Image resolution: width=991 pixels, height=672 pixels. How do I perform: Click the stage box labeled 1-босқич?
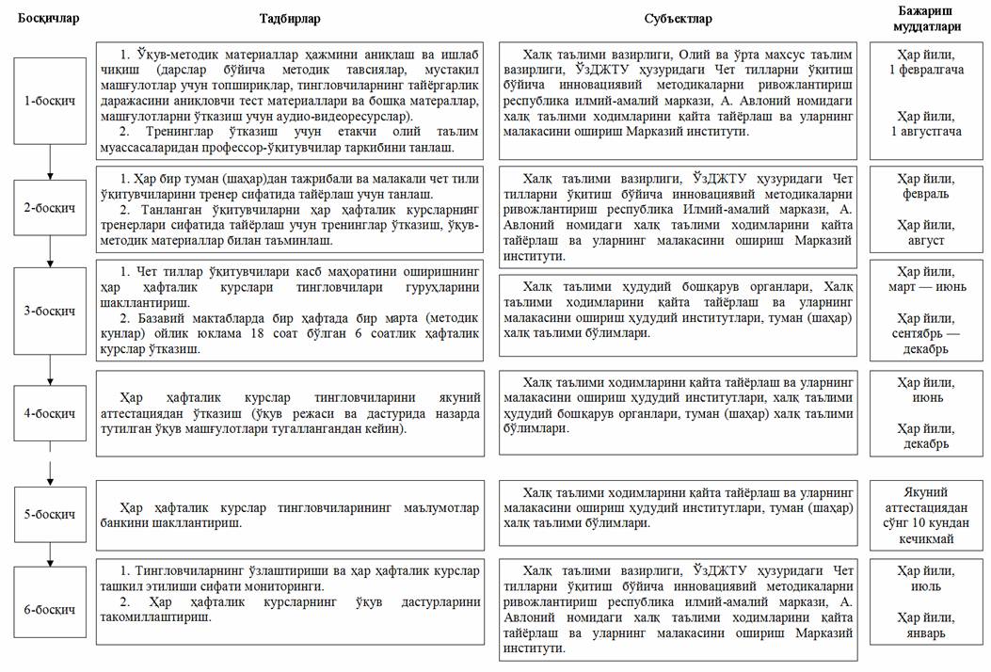(49, 101)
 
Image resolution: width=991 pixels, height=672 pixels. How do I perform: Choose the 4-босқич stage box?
(49, 413)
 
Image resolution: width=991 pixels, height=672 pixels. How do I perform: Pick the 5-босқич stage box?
(49, 515)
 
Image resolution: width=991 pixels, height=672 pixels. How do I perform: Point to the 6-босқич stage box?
(49, 609)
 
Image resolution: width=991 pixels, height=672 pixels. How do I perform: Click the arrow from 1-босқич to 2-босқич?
(49, 162)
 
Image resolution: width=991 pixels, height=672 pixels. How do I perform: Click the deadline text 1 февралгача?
(930, 71)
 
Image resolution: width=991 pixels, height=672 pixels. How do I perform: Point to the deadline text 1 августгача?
(930, 131)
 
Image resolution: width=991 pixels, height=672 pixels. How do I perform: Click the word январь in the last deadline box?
(930, 632)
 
